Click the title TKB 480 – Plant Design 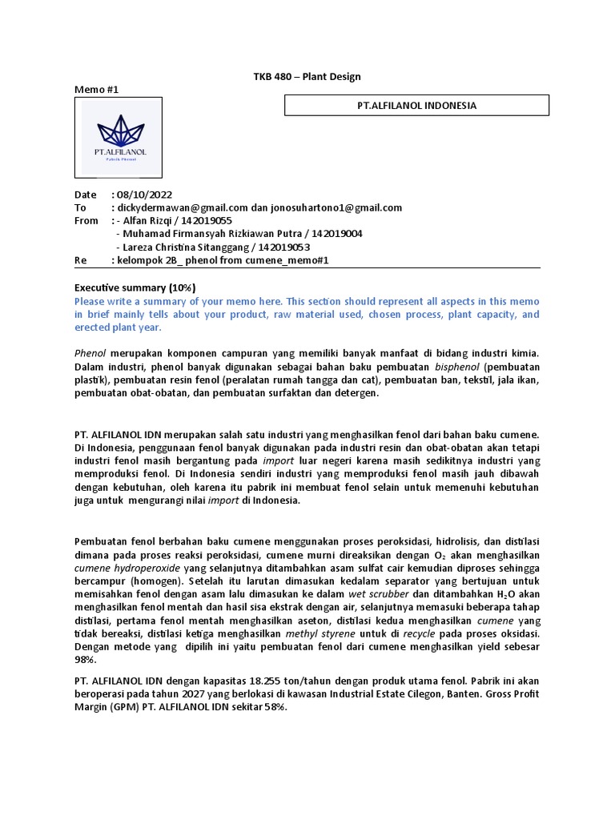(x=301, y=77)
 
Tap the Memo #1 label (x=97, y=90)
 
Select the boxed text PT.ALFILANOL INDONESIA (x=416, y=106)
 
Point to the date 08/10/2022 (x=144, y=195)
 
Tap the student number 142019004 (x=336, y=234)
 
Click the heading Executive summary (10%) (x=135, y=287)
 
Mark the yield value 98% (x=85, y=660)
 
